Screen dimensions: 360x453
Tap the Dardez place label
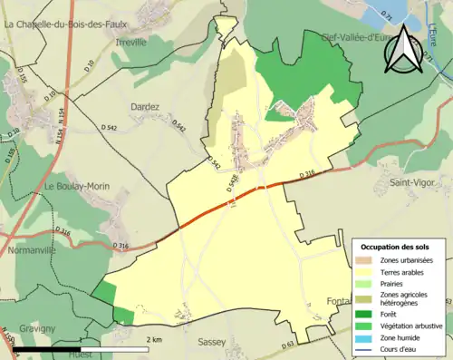(x=145, y=106)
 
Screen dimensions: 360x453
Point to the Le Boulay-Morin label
(x=77, y=186)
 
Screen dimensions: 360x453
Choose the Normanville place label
(x=31, y=249)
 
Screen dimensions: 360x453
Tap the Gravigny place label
(x=34, y=327)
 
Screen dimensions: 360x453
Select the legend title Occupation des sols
(x=395, y=247)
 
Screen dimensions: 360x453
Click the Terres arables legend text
(x=406, y=270)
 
